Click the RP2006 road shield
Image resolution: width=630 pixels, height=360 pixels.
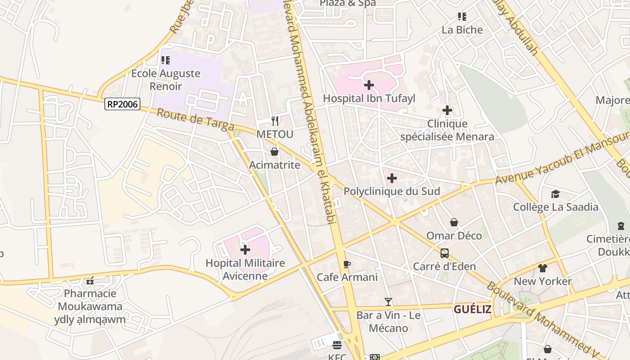(x=123, y=104)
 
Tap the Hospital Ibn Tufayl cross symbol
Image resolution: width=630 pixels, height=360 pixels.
(x=369, y=85)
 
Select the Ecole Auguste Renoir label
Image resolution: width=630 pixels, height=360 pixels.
(x=166, y=80)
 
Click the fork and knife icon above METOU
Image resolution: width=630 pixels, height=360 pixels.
(x=275, y=121)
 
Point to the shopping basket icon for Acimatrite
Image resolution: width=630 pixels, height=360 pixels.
(x=274, y=152)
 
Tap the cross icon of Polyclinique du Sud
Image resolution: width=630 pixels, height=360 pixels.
(x=392, y=178)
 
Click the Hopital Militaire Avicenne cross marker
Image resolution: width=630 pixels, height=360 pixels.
(x=245, y=249)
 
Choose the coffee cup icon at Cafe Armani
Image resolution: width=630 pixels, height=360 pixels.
(x=346, y=264)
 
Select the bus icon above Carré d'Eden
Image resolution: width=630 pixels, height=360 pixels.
(x=445, y=253)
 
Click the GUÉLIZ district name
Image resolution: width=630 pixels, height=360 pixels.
(x=472, y=310)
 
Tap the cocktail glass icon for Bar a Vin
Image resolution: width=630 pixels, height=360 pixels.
(x=388, y=302)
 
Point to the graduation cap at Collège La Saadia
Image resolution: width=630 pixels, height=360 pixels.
(x=556, y=194)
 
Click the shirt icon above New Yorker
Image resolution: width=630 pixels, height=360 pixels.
(x=543, y=268)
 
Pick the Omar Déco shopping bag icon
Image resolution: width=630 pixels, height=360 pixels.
(x=454, y=222)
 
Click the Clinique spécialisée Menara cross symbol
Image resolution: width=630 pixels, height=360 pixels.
(x=447, y=110)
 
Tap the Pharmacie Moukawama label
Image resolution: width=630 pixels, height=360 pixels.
(x=90, y=300)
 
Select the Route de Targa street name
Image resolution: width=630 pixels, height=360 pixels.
(x=195, y=120)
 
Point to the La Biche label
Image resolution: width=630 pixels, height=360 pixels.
(x=462, y=30)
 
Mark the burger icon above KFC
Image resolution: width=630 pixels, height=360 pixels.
(x=337, y=345)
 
